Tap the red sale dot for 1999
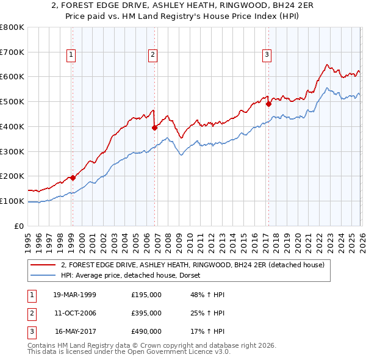point(73,178)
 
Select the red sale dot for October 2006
point(154,128)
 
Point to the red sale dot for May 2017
point(268,104)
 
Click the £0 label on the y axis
point(19,226)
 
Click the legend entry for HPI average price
point(135,275)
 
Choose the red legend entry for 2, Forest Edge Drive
point(196,265)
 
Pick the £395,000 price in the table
point(146,313)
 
